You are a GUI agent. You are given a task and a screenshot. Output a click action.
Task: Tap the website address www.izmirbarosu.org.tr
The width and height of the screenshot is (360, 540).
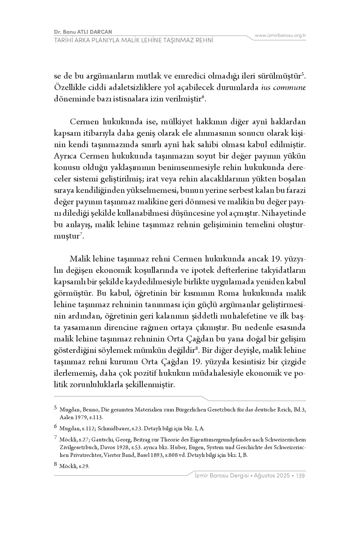(280, 35)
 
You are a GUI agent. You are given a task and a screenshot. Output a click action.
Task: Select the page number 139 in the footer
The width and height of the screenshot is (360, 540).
(301, 476)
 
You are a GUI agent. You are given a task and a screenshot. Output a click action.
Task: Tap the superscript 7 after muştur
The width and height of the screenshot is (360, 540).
(81, 234)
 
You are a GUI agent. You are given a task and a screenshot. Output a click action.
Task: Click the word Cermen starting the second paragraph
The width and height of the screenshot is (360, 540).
(84, 122)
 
